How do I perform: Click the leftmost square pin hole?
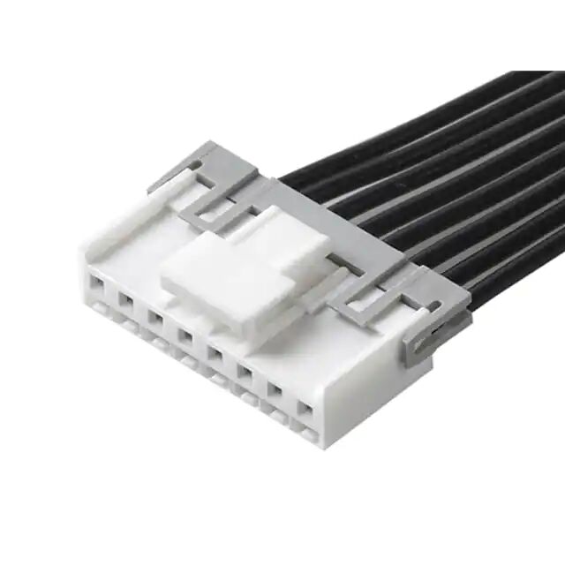click(97, 284)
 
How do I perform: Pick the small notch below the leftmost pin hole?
click(97, 308)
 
